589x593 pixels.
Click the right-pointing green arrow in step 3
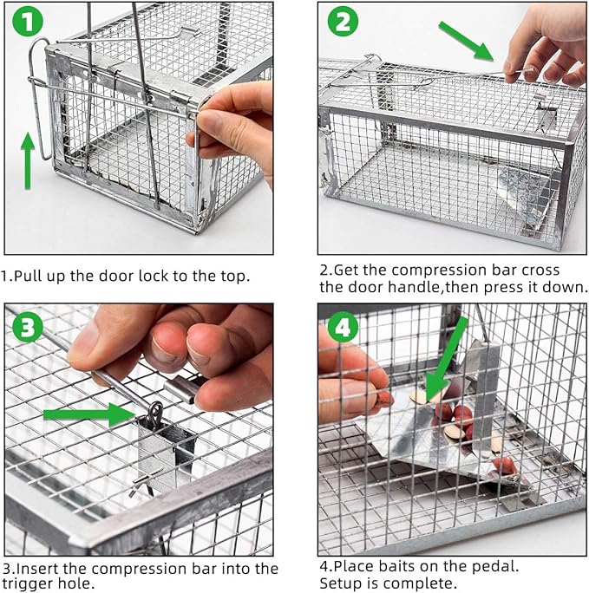(87, 414)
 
